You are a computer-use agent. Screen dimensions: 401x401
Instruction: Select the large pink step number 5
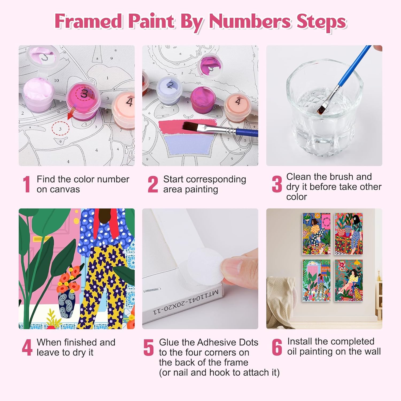149,347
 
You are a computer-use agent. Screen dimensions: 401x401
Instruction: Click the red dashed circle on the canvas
60,129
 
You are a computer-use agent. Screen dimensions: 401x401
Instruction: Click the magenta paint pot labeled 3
83,101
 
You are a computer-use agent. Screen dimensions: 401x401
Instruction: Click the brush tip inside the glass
321,109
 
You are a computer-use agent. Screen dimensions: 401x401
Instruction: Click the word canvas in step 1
66,190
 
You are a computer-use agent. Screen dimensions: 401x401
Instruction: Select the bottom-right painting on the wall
349,280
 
